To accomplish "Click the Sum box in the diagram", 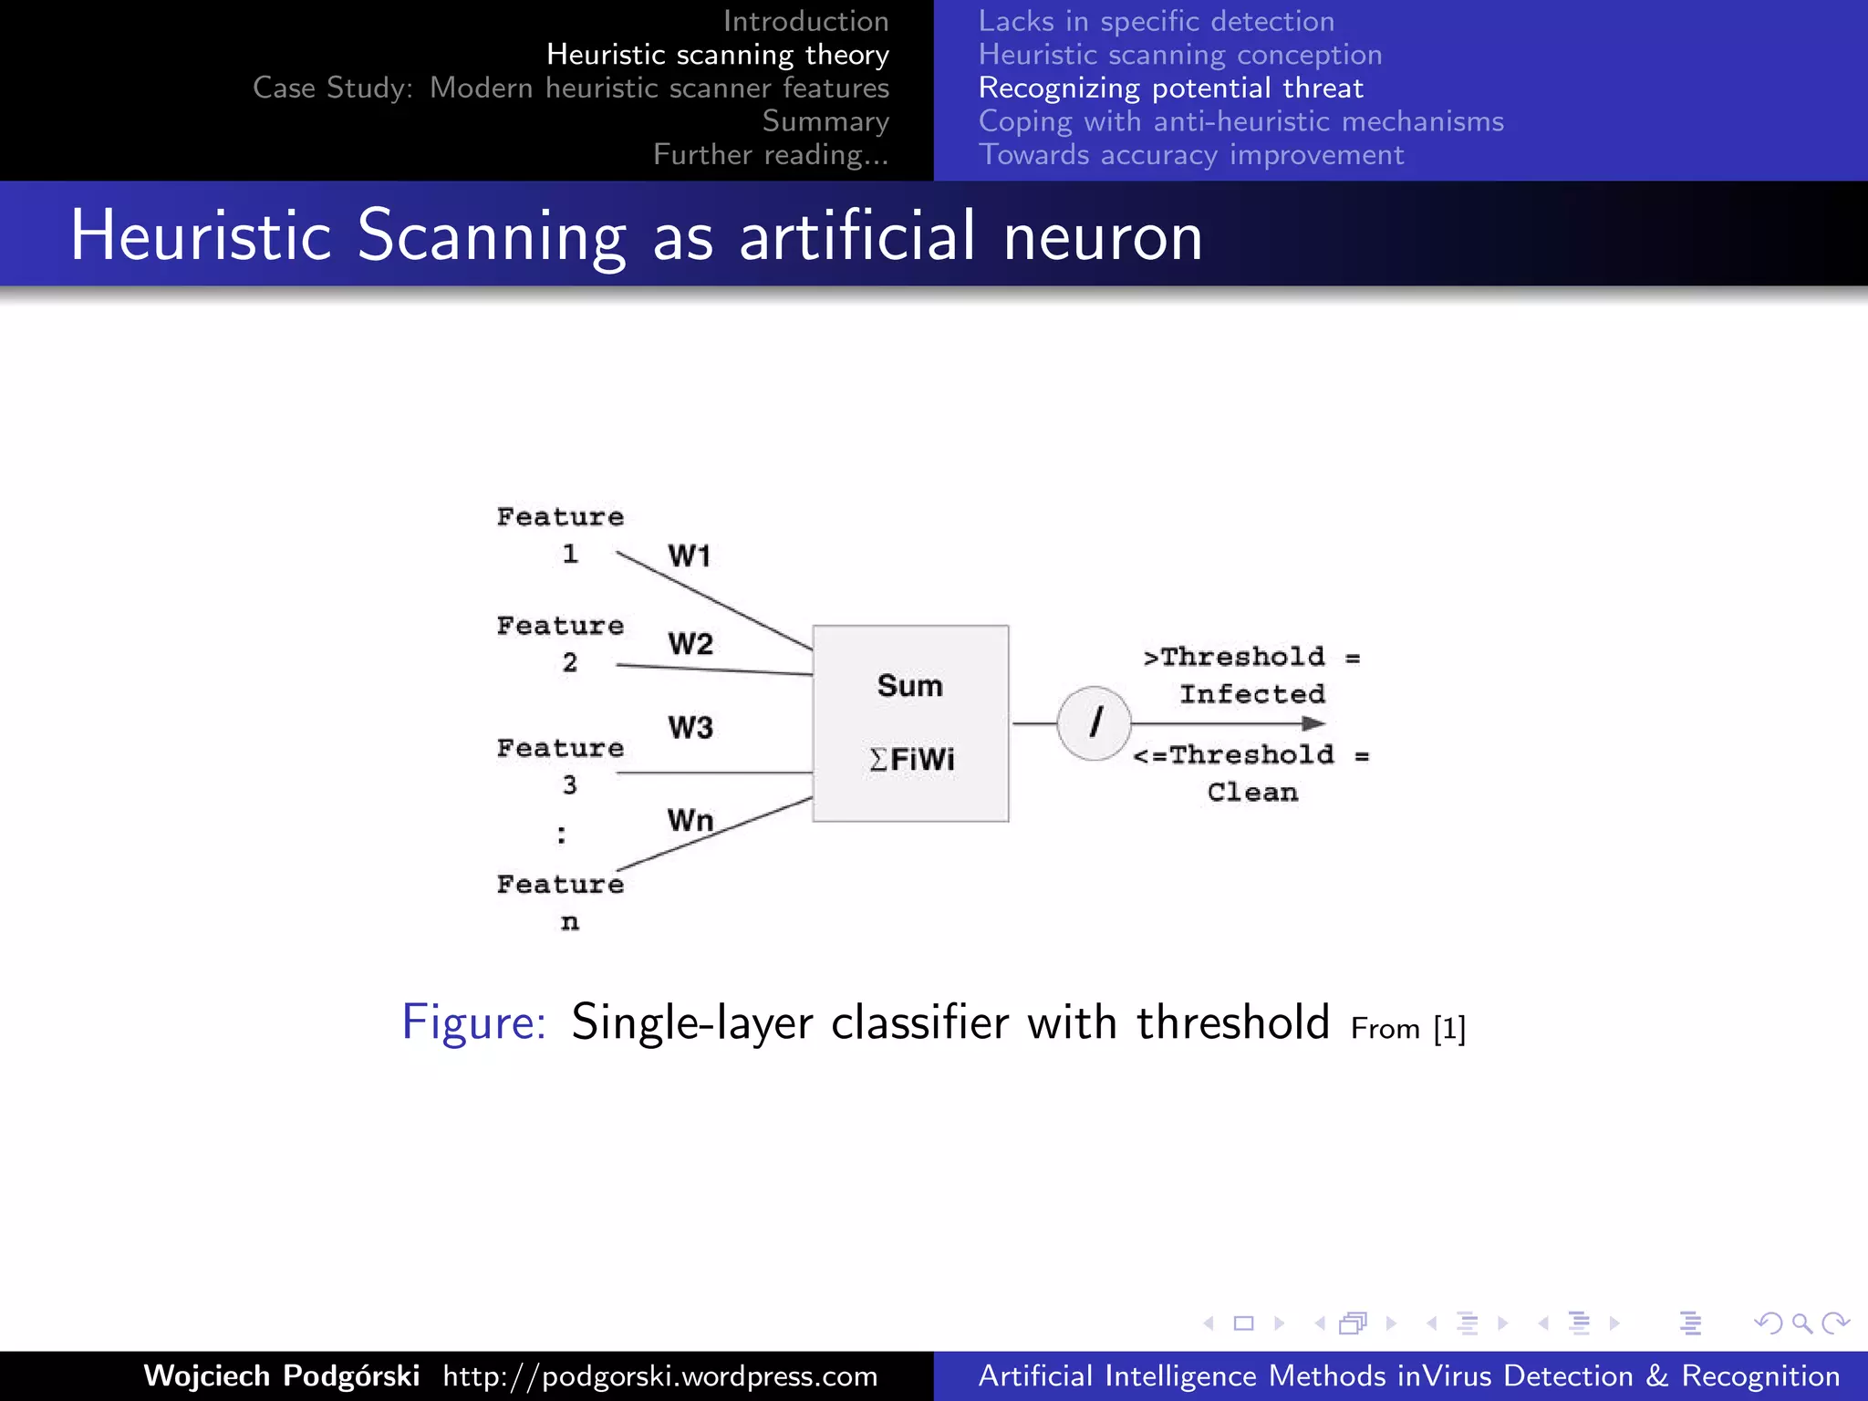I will [910, 686].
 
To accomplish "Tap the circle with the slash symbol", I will [1094, 723].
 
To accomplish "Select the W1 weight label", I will [689, 555].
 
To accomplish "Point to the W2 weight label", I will [690, 644].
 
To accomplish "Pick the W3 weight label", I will [690, 728].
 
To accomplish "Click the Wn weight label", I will [690, 820].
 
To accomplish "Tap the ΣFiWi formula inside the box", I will [912, 759].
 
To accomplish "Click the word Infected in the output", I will [1252, 694].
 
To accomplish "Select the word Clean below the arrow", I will [1252, 792].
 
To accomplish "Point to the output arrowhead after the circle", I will [1313, 723].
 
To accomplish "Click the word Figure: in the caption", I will [474, 1022].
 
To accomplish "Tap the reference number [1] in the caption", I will [1449, 1029].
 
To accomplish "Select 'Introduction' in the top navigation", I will [805, 21].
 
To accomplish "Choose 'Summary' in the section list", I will [825, 121].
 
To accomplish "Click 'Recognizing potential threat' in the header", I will [1170, 88].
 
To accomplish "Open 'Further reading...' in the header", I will [771, 155].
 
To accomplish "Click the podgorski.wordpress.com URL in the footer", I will [660, 1375].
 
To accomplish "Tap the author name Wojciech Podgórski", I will [282, 1375].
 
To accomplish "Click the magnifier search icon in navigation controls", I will [1801, 1323].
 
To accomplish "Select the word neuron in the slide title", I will [1103, 236].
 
